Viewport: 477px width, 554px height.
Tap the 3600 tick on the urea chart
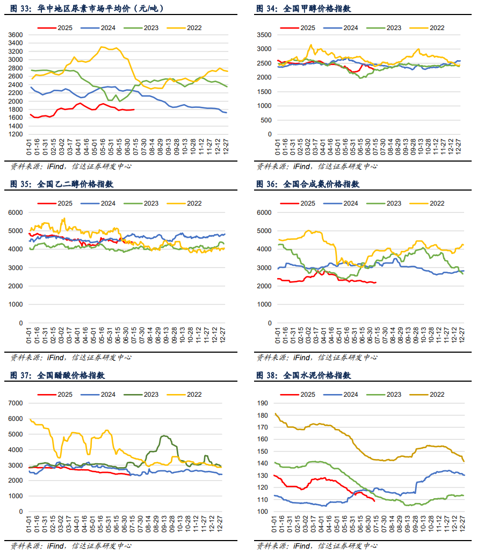click(16, 35)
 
